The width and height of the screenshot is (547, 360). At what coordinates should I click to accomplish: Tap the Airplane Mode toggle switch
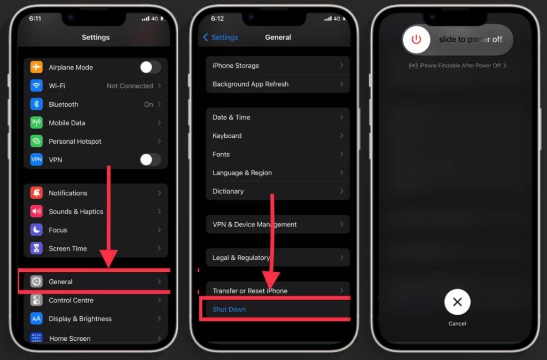(x=150, y=67)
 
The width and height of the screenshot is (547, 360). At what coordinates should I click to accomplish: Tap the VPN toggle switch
(x=150, y=160)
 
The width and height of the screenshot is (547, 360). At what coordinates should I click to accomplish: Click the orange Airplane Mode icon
(x=36, y=67)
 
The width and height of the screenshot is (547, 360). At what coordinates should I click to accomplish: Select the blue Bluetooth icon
(x=36, y=104)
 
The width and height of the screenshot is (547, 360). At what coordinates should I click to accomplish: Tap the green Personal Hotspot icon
(x=36, y=142)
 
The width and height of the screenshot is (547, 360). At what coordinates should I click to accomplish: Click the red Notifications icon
(x=36, y=193)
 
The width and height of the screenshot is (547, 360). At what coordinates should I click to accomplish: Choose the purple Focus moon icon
(x=36, y=230)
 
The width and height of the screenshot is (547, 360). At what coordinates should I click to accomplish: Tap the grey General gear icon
(x=36, y=281)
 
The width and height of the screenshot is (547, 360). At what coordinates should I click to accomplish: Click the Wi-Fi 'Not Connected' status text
(x=129, y=86)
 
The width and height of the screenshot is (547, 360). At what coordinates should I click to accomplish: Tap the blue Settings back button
(x=221, y=37)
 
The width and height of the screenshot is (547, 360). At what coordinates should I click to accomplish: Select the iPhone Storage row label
(x=236, y=66)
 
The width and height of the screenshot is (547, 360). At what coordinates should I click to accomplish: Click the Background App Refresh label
(x=251, y=84)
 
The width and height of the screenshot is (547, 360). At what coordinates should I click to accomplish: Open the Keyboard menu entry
(x=227, y=136)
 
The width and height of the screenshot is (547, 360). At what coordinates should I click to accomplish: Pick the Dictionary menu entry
(x=228, y=191)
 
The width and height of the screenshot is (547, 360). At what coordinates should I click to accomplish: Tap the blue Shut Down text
(x=229, y=310)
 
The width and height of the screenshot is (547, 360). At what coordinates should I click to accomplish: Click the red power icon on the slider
(x=416, y=40)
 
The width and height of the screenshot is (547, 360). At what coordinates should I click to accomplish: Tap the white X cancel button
(x=457, y=302)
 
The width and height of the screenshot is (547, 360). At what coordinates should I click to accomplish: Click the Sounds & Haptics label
(x=76, y=212)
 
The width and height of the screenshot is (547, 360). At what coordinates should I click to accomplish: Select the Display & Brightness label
(x=80, y=319)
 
